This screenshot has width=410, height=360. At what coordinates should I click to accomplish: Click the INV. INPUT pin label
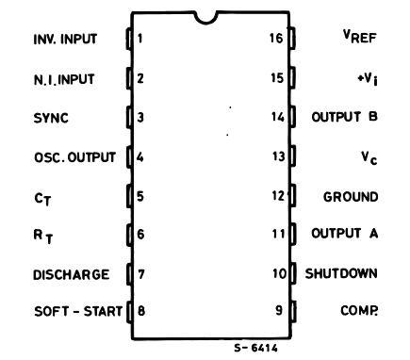(65, 39)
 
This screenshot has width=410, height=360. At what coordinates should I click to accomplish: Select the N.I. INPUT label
(64, 79)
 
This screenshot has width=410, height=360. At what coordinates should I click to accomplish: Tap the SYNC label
(51, 118)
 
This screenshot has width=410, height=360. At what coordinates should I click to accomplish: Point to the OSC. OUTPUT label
(74, 157)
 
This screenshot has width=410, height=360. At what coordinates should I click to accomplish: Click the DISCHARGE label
(72, 275)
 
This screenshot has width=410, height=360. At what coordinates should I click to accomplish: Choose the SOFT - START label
(78, 311)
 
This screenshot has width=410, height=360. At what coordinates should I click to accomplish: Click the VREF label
(359, 36)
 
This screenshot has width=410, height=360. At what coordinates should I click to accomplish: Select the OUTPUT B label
(344, 117)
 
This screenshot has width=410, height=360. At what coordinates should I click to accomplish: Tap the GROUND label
(351, 197)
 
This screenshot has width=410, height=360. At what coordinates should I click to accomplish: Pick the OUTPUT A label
(344, 233)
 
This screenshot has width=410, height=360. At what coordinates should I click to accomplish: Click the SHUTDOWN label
(341, 273)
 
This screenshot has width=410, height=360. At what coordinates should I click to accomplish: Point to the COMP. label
(359, 310)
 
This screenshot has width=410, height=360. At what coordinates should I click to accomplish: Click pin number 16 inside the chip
(276, 38)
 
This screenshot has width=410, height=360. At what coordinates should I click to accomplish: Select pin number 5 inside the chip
(140, 196)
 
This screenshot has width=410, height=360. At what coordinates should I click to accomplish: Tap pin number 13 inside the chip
(278, 156)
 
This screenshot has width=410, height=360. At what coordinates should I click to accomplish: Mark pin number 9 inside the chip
(279, 310)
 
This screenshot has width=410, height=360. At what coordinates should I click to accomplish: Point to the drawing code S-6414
(255, 348)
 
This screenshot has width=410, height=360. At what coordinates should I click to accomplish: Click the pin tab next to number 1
(129, 39)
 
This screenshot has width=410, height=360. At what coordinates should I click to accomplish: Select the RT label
(43, 237)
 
